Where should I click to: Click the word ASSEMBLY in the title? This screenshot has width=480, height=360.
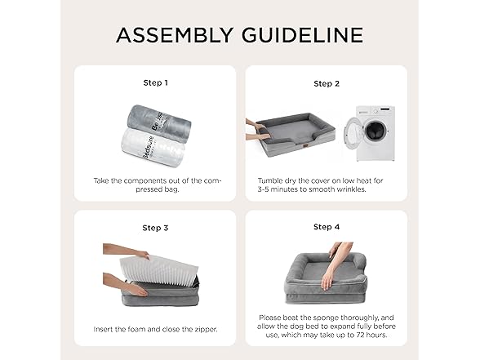[175, 35]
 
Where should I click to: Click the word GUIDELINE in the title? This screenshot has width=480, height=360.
[302, 35]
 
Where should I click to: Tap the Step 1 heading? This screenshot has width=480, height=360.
[155, 83]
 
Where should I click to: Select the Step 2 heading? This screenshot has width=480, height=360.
[327, 84]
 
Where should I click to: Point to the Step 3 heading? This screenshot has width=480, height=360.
[155, 228]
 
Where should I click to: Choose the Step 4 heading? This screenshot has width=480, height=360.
[327, 227]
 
